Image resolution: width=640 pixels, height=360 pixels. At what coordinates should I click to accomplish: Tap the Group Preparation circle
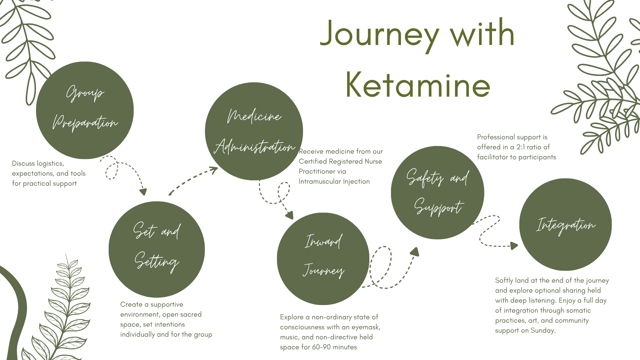[x=85, y=110]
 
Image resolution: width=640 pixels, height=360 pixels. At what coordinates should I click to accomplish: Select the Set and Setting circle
[x=157, y=249]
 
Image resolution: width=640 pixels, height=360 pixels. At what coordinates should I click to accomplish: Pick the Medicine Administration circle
[x=254, y=131]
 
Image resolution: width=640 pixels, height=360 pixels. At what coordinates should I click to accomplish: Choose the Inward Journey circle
[x=323, y=259]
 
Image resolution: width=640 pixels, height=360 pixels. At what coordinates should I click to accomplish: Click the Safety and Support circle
[x=437, y=193]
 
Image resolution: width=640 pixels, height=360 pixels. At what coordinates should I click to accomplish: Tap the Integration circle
[x=565, y=225]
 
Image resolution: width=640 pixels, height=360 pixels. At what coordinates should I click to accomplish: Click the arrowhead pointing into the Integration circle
[x=514, y=246]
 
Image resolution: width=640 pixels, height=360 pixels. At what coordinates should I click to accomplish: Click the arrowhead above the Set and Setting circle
[x=143, y=192]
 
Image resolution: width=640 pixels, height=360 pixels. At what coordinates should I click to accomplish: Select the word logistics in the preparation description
[x=50, y=163]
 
